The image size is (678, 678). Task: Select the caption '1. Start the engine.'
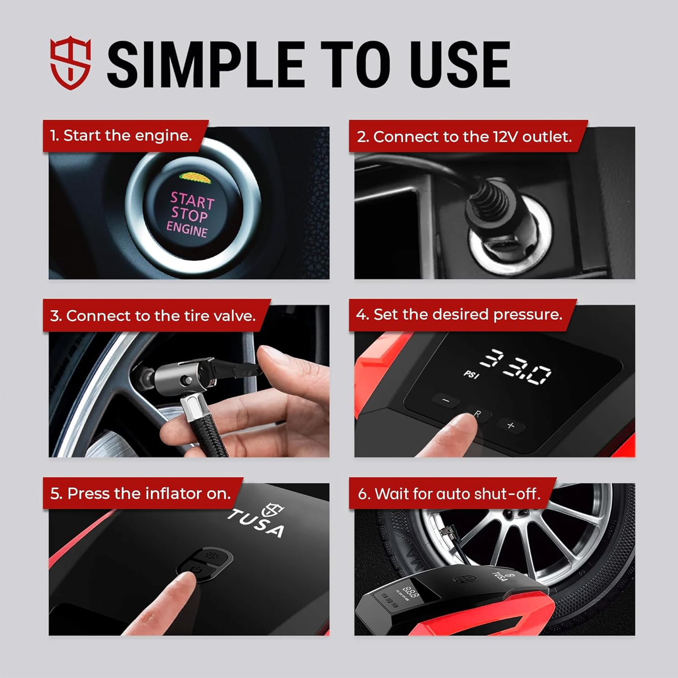pyautogui.click(x=121, y=135)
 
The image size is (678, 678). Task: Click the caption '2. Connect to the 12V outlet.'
pyautogui.click(x=464, y=137)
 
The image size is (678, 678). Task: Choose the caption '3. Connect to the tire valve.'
pyautogui.click(x=153, y=315)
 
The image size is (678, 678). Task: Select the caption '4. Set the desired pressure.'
pyautogui.click(x=459, y=314)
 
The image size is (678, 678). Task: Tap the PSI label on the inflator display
pyautogui.click(x=471, y=374)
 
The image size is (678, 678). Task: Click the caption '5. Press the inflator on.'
pyautogui.click(x=141, y=493)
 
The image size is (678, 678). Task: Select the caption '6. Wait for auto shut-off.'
pyautogui.click(x=449, y=494)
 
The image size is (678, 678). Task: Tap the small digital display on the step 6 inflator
pyautogui.click(x=410, y=591)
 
